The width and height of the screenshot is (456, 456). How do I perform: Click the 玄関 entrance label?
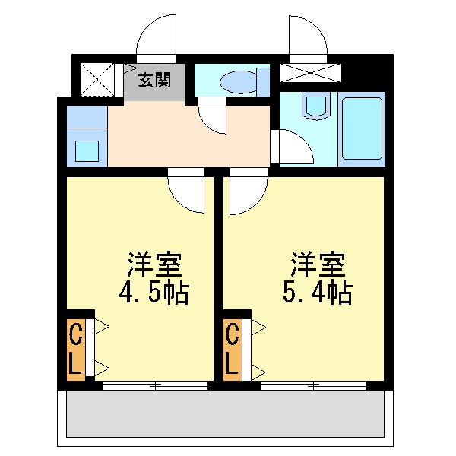154,80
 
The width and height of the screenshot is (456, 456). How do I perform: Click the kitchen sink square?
87,148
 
